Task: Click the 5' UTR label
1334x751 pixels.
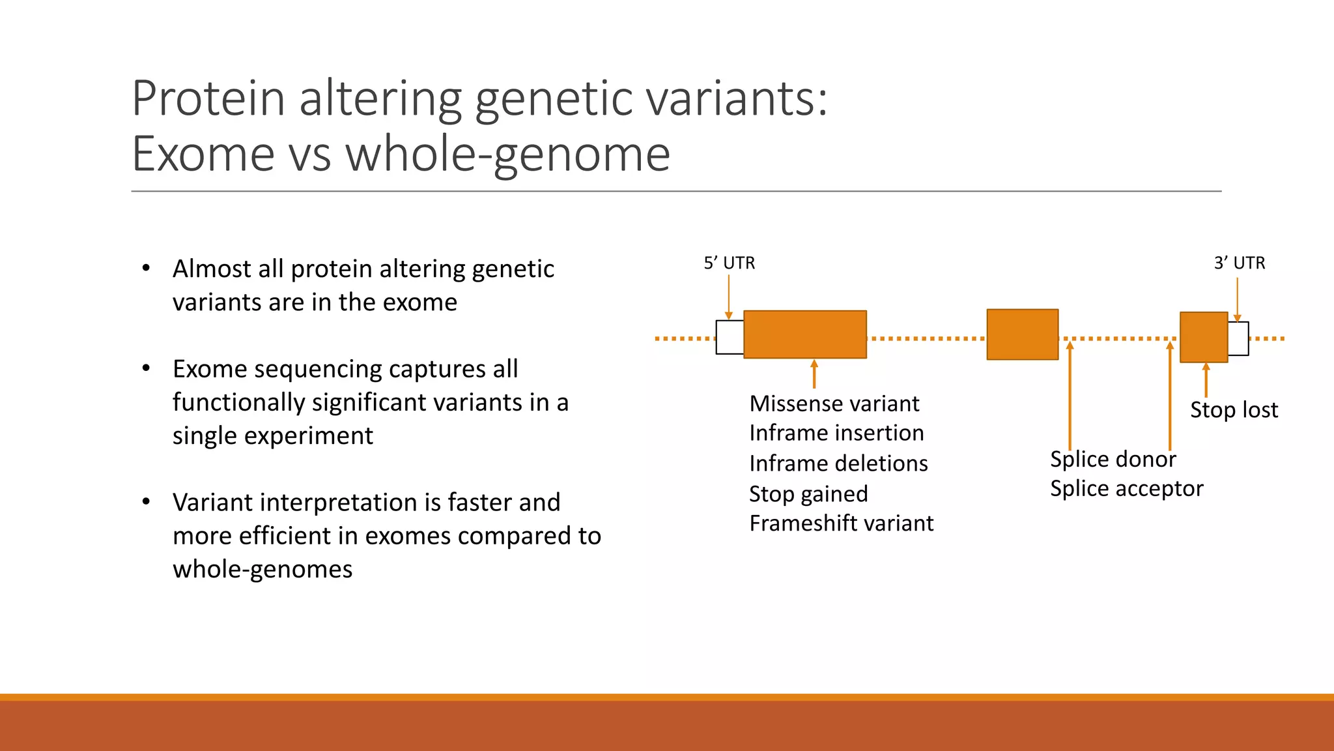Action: coord(729,263)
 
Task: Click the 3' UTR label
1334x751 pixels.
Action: coord(1239,263)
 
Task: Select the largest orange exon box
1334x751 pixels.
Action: coord(804,334)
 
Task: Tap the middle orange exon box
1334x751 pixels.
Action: coord(1022,334)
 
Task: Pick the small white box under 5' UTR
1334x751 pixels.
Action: coord(730,337)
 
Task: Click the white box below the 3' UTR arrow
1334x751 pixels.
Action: coord(1238,338)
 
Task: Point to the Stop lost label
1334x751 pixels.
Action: coord(1234,410)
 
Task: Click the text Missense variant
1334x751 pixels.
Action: coord(834,404)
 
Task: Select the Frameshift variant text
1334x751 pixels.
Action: coord(841,523)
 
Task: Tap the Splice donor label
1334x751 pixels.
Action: coord(1113,459)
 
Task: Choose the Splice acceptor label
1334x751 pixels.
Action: coord(1126,488)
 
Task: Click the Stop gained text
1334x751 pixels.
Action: coord(808,493)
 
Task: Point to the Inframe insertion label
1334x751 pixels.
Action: coord(836,433)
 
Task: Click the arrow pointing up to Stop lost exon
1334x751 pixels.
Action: coord(1206,380)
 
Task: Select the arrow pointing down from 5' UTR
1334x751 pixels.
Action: coord(728,297)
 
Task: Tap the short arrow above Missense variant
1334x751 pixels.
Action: coord(814,374)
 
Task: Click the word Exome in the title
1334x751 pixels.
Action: coord(203,154)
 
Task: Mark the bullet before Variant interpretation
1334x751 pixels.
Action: coord(146,501)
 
